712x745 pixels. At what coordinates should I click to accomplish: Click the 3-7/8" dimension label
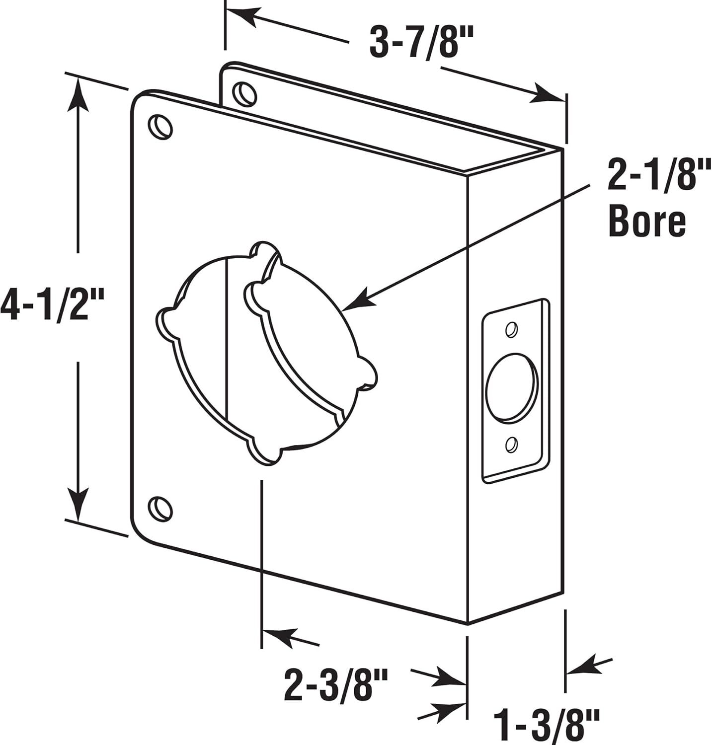(x=419, y=44)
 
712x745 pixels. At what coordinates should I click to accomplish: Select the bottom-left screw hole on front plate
(x=160, y=507)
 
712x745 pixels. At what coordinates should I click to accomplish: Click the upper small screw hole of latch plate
(x=511, y=329)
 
